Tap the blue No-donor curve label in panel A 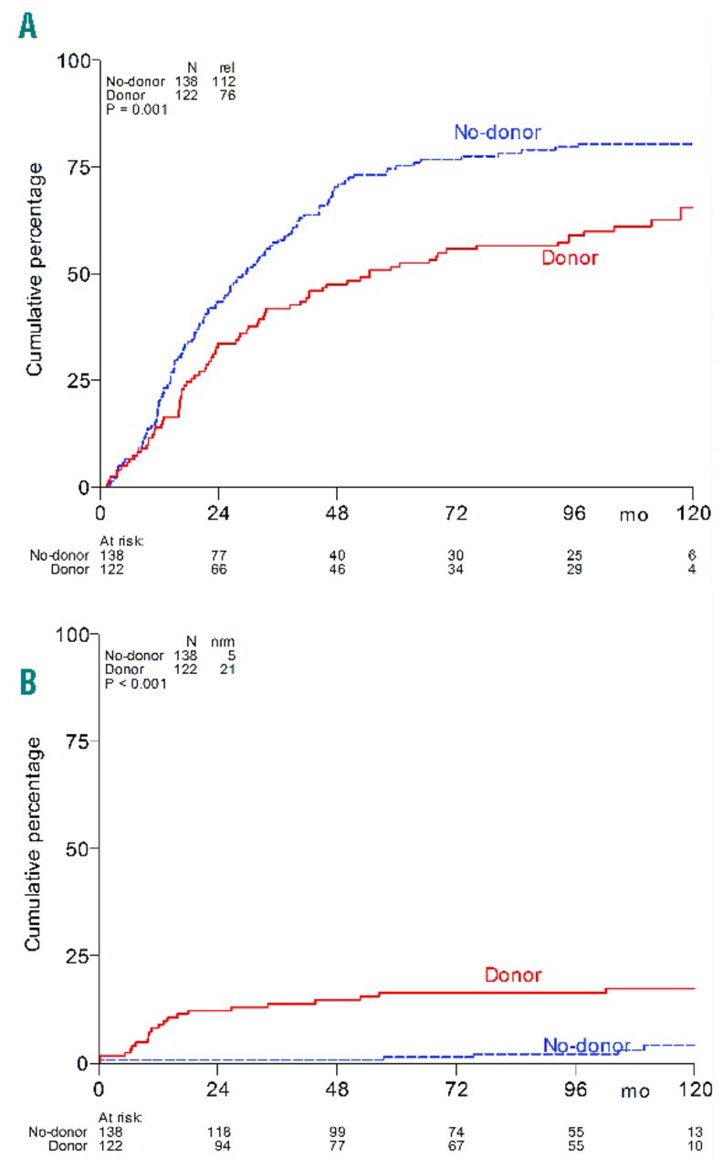(x=498, y=132)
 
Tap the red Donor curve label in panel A (x=570, y=258)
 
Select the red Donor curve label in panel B (x=513, y=975)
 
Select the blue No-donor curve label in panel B (x=586, y=1045)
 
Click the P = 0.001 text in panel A (x=136, y=108)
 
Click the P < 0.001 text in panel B (x=136, y=681)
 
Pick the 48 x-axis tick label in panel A (x=336, y=513)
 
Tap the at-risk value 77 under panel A (x=217, y=554)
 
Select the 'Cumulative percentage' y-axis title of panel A (x=35, y=269)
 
